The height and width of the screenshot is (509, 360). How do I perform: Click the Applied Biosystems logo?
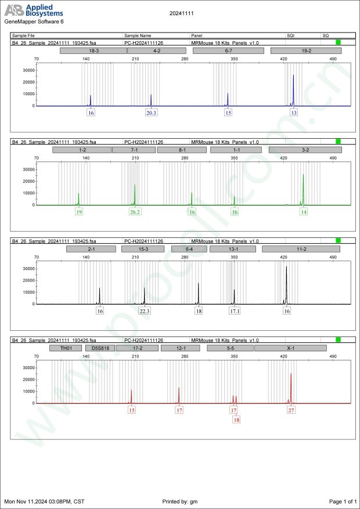click(x=34, y=9)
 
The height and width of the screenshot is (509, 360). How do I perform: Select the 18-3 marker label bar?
click(x=93, y=51)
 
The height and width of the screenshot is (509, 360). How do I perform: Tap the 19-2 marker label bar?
click(x=306, y=51)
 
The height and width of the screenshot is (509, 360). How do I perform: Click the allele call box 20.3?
click(x=151, y=113)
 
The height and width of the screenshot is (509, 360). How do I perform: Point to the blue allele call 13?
click(x=294, y=113)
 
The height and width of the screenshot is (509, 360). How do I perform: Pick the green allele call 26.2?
click(x=135, y=212)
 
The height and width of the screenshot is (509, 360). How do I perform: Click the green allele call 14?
click(x=303, y=212)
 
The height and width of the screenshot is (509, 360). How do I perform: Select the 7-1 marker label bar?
click(x=134, y=150)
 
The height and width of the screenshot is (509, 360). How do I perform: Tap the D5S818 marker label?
click(x=97, y=348)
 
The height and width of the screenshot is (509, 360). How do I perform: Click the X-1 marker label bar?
click(x=291, y=348)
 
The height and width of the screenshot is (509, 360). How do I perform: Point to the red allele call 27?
click(x=291, y=410)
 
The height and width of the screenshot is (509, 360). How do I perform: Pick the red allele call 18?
click(x=236, y=420)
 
